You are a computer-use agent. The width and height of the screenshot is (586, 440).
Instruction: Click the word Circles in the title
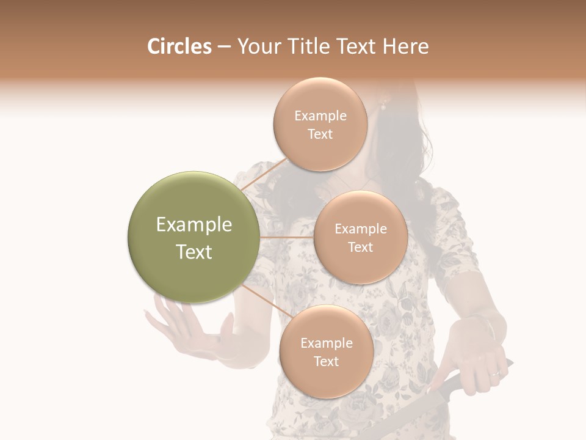[179, 46]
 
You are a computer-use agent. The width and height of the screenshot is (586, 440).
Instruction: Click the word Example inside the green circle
[194, 225]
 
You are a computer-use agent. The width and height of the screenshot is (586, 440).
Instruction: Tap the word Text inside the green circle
[194, 252]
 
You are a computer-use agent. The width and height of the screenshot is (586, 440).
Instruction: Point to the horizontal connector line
[287, 237]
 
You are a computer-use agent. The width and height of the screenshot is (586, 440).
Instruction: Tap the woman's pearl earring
[383, 106]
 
